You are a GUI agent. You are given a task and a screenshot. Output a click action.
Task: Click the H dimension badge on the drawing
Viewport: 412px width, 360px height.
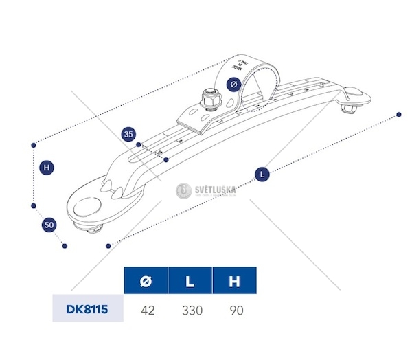pyautogui.click(x=46, y=167)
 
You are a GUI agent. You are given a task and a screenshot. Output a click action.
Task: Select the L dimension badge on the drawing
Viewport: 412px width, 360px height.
pyautogui.click(x=262, y=175)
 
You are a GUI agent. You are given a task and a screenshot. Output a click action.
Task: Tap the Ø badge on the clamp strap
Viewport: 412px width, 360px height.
pyautogui.click(x=234, y=84)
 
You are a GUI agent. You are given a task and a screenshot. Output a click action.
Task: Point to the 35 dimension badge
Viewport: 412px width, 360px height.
pyautogui.click(x=128, y=135)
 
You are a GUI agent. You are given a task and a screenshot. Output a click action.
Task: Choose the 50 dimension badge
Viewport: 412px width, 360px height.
pyautogui.click(x=49, y=225)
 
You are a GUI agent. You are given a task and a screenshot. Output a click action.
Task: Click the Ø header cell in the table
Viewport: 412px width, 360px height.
pyautogui.click(x=146, y=282)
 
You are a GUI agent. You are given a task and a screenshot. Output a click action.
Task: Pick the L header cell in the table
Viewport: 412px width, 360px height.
pyautogui.click(x=191, y=282)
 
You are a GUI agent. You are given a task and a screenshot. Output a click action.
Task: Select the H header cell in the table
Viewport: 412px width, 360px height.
pyautogui.click(x=234, y=282)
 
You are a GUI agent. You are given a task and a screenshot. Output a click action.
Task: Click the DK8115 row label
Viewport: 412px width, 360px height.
pyautogui.click(x=87, y=309)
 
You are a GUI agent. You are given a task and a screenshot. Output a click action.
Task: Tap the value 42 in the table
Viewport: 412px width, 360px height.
pyautogui.click(x=147, y=310)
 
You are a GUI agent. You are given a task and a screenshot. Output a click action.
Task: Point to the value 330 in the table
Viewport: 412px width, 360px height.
pyautogui.click(x=192, y=310)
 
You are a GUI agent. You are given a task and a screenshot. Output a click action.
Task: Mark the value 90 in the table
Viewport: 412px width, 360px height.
pyautogui.click(x=236, y=310)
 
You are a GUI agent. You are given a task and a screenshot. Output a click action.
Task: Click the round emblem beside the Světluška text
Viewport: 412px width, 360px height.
pyautogui.click(x=182, y=190)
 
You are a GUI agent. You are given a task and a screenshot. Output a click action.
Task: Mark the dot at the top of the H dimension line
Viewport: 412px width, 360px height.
pyautogui.click(x=33, y=145)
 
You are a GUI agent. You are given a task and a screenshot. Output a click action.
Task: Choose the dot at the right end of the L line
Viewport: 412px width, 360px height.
pyautogui.click(x=398, y=113)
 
